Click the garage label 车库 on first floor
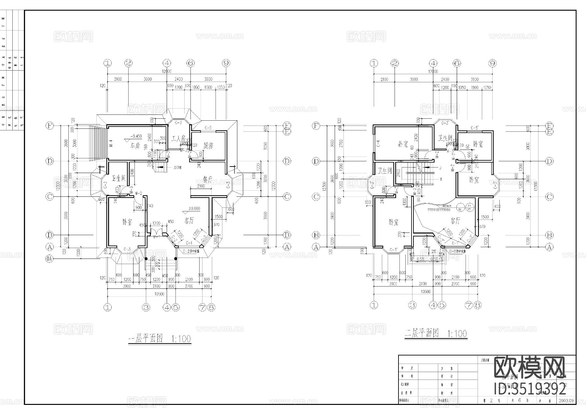(131, 146)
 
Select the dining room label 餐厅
(207, 180)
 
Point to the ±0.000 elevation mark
(194, 208)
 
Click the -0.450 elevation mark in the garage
(136, 136)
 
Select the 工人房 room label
(178, 138)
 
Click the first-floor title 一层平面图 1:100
(160, 339)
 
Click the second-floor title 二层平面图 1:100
(436, 333)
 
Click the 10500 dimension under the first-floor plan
(160, 294)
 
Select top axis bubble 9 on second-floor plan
(492, 63)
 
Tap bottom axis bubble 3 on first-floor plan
(146, 307)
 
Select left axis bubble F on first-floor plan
(49, 126)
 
